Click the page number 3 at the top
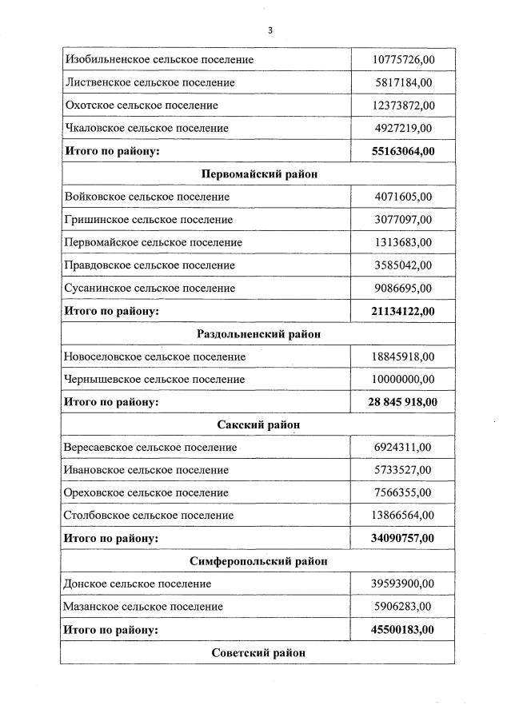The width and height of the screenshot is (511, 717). tap(270, 30)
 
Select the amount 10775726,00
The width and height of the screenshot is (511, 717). tap(404, 60)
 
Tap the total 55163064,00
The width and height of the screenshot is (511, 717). tap(404, 151)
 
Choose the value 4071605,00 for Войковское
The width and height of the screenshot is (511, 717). tap(403, 197)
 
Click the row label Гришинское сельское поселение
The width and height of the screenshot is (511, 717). tap(148, 219)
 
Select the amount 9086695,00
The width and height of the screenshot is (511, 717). tap(403, 288)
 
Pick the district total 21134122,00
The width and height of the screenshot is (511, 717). tap(404, 311)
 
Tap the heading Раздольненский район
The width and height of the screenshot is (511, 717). tap(258, 333)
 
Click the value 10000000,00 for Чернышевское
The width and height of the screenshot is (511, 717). tap(404, 379)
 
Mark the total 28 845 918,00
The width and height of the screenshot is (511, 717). tap(403, 402)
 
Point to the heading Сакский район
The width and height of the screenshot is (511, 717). tap(258, 424)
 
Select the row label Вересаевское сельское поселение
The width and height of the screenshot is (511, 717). tap(150, 448)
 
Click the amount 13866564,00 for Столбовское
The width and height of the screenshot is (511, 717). tap(404, 516)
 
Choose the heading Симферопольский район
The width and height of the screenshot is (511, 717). tap(258, 561)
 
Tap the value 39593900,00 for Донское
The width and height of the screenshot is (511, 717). tap(404, 584)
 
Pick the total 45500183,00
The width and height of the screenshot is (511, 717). tap(404, 630)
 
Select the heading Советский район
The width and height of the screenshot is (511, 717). tap(258, 652)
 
